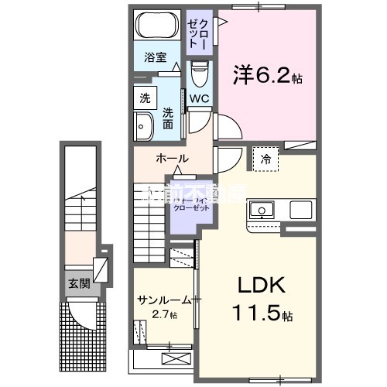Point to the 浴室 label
[156, 57]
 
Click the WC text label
[198, 98]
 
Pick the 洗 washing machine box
[144, 98]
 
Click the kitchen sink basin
[260, 210]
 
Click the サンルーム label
[163, 299]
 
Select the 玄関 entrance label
[78, 283]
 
